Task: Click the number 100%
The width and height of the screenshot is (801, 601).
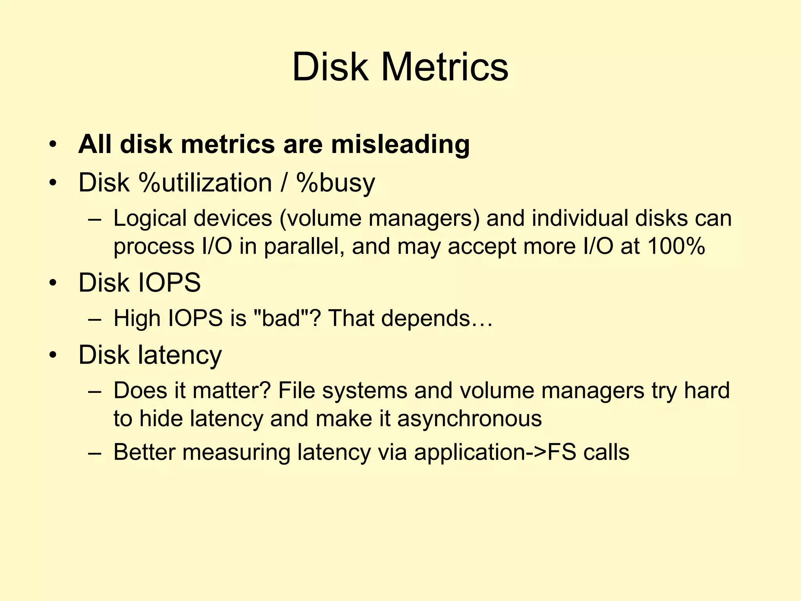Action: (676, 247)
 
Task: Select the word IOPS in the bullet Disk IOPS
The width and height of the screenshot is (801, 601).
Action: (170, 283)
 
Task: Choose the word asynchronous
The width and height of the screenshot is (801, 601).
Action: (469, 419)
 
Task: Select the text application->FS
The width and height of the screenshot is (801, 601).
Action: (495, 453)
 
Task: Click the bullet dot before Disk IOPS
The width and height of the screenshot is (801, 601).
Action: (53, 283)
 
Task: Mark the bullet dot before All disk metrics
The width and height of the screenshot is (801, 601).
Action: (53, 145)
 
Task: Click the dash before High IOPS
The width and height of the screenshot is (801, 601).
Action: (95, 319)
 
